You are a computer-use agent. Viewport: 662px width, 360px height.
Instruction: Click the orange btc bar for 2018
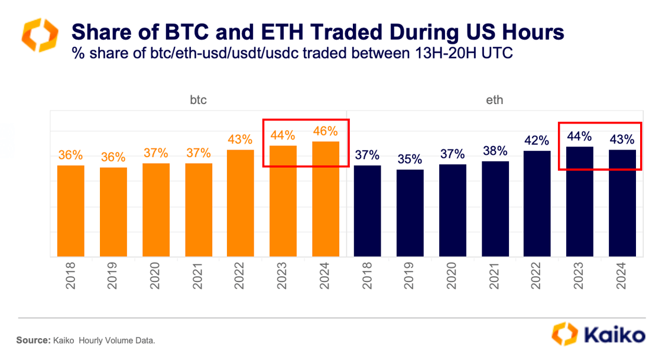click(71, 210)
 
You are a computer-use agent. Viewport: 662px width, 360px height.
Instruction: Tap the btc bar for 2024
click(326, 199)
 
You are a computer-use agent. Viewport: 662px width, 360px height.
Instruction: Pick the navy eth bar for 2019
click(410, 213)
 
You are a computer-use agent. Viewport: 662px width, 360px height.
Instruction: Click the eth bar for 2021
click(495, 209)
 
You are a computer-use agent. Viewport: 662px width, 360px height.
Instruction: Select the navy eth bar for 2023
click(580, 202)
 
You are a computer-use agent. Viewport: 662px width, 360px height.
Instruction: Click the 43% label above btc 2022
click(241, 140)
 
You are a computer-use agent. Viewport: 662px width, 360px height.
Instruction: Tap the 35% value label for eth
click(410, 159)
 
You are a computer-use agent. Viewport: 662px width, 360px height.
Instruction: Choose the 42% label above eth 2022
click(537, 141)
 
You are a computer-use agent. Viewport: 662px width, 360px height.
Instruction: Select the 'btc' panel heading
click(198, 100)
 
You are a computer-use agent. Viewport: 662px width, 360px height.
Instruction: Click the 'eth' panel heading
click(495, 100)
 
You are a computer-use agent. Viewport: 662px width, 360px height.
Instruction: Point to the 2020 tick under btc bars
click(155, 275)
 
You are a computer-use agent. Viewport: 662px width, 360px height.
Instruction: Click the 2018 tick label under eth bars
click(368, 275)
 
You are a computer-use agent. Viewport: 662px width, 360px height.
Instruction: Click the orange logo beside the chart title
click(40, 35)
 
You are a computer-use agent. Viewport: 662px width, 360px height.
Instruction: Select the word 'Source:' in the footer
click(32, 340)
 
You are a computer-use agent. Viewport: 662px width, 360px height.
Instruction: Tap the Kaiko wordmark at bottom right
click(615, 335)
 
